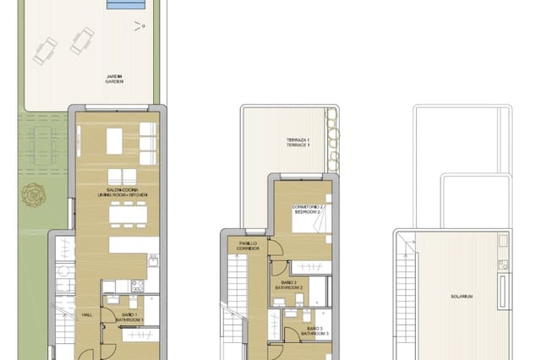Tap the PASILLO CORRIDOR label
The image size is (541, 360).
click(x=249, y=246)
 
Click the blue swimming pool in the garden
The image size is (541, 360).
click(x=126, y=6)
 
